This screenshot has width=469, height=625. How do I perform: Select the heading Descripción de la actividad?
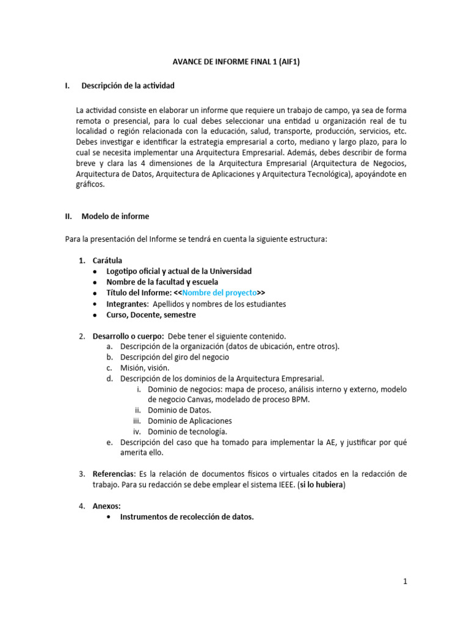click(128, 86)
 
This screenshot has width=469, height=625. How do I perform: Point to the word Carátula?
click(107, 261)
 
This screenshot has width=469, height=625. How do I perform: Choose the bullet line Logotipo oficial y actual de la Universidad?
click(178, 271)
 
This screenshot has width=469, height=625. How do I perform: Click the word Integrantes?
click(127, 304)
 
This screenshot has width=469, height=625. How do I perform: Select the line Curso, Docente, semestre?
click(151, 315)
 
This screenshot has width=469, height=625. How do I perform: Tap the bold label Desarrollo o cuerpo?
click(128, 336)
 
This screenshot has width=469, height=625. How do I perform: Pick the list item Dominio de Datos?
click(180, 410)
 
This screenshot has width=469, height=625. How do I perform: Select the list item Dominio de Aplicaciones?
click(189, 421)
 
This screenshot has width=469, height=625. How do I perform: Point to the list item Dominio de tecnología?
click(187, 432)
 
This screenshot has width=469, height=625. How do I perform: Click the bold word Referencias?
click(114, 474)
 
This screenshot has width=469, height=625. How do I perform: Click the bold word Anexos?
click(106, 506)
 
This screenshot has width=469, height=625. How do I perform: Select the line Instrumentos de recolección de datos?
click(186, 517)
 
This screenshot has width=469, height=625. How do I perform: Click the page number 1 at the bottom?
click(405, 582)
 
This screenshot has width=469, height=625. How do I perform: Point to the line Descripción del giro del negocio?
click(175, 357)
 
